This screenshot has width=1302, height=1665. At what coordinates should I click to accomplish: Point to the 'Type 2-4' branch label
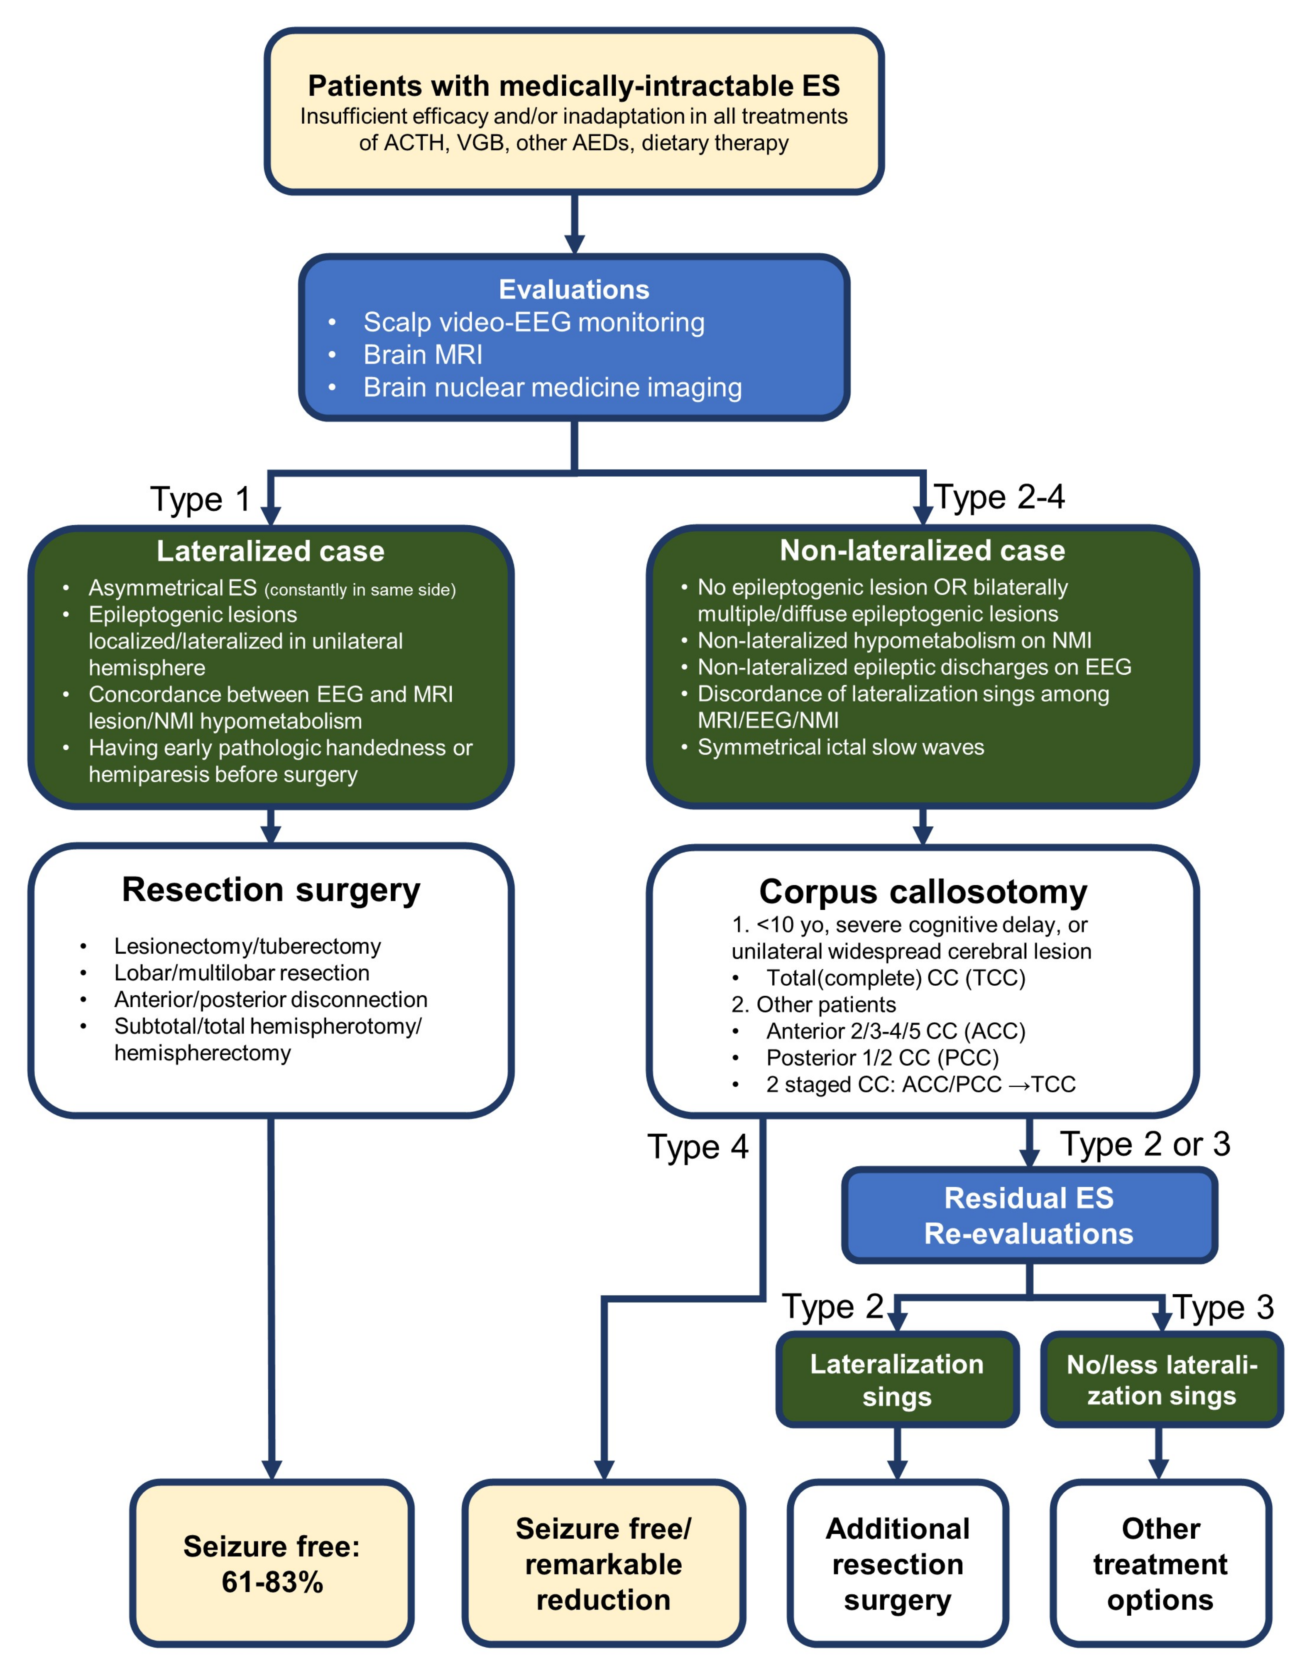(x=999, y=497)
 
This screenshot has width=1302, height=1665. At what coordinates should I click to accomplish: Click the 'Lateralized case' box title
(x=271, y=551)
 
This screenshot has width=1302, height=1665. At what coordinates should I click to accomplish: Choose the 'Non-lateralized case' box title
(x=923, y=551)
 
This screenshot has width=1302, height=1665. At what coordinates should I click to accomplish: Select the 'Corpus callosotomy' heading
(x=923, y=892)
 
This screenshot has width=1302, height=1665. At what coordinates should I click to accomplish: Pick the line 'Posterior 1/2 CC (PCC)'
(x=882, y=1058)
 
